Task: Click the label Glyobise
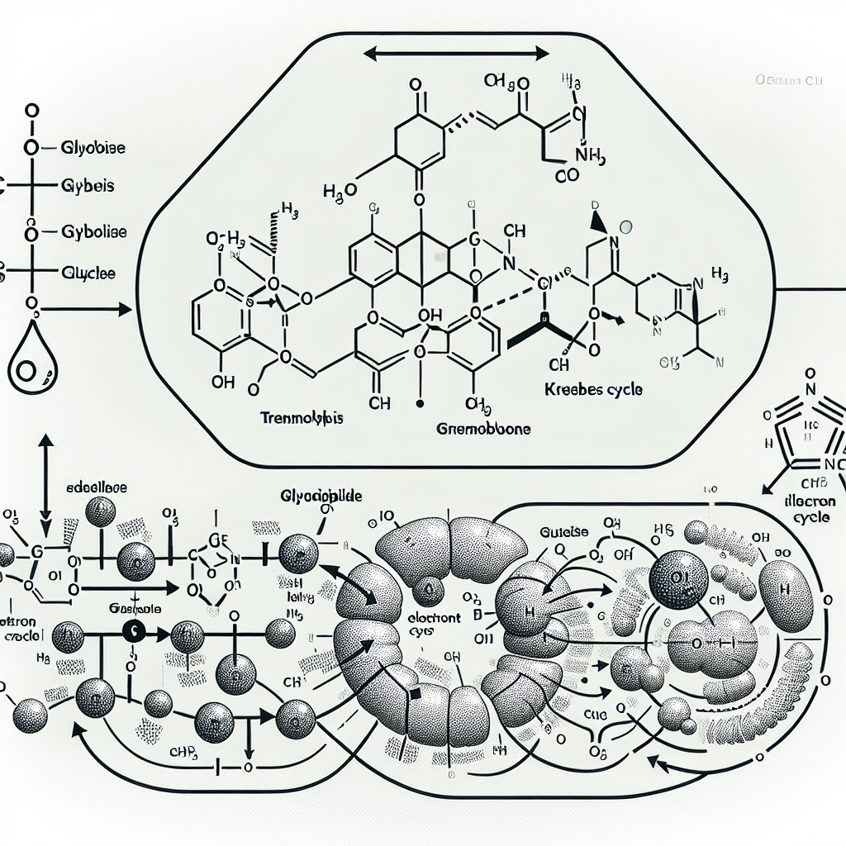[93, 148]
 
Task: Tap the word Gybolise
[94, 232]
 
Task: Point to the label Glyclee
[88, 272]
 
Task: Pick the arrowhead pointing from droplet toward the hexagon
[124, 309]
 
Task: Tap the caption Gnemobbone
[483, 430]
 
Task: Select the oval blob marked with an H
[786, 590]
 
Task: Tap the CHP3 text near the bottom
[192, 750]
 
